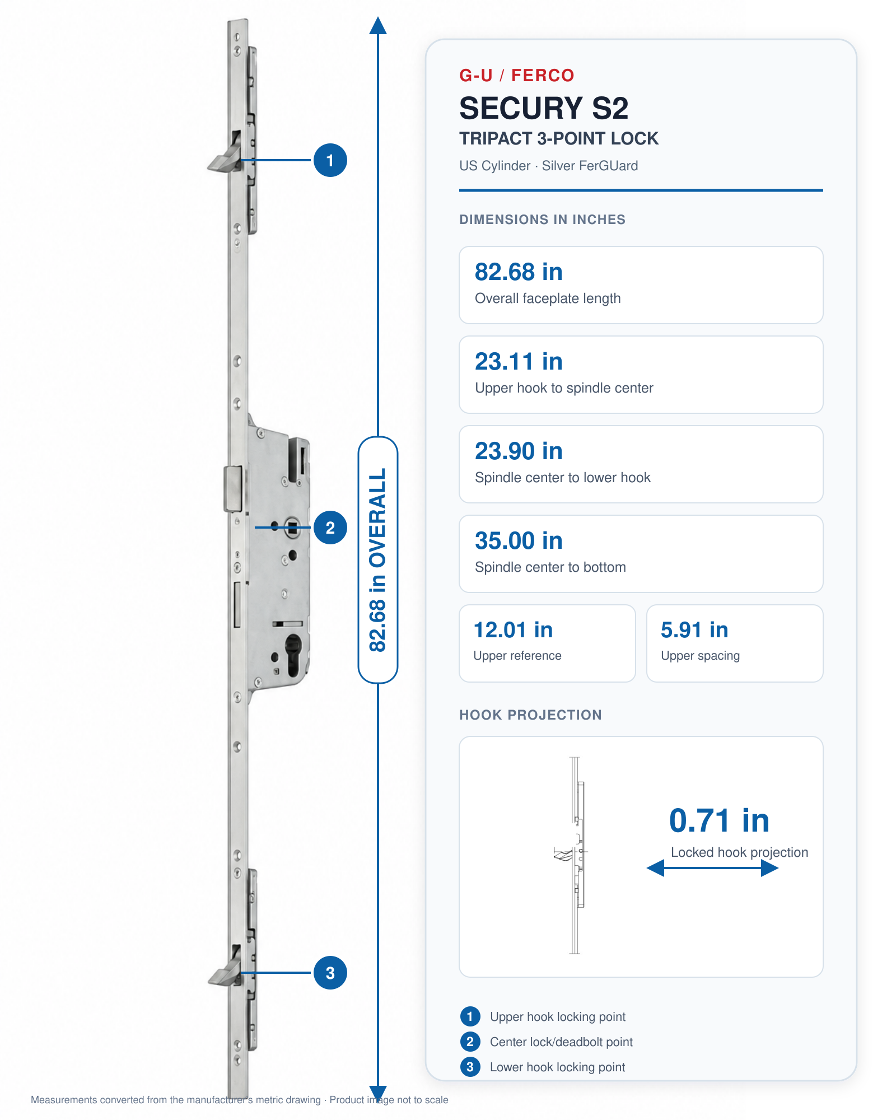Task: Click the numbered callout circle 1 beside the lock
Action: point(330,160)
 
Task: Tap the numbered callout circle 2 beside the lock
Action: point(330,528)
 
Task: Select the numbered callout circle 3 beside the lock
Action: point(330,973)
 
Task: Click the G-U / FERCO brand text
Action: point(516,75)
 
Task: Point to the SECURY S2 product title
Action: point(544,108)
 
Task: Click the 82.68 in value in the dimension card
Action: point(519,272)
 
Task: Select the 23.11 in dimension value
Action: point(519,362)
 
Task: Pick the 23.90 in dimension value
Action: point(519,451)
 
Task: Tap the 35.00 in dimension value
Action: point(519,541)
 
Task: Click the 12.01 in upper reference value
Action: point(513,630)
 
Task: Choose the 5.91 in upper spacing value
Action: point(694,630)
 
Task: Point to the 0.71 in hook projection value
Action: point(719,821)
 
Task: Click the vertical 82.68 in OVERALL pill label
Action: point(378,560)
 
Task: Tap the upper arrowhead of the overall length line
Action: point(378,25)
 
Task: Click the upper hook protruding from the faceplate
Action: point(224,154)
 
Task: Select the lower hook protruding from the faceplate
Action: point(224,967)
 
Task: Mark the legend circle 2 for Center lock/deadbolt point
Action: point(470,1042)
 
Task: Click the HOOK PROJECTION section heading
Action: point(530,715)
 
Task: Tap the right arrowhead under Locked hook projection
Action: point(770,869)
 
